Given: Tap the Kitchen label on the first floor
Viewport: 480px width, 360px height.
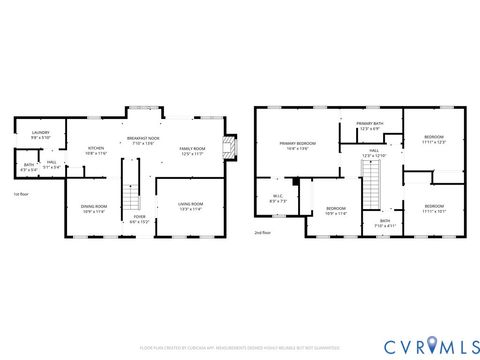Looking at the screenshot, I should [x=96, y=149].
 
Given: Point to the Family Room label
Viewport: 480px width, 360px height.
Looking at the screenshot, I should [x=192, y=150].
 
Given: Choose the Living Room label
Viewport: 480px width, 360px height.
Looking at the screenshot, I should [x=190, y=206].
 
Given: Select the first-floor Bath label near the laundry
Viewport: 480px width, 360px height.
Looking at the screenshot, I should [x=29, y=166].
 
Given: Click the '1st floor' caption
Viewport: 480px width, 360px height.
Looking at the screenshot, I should [x=21, y=194].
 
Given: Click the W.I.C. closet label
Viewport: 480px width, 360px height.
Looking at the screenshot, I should [x=278, y=198].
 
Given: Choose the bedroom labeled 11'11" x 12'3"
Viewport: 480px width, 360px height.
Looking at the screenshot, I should [x=433, y=139].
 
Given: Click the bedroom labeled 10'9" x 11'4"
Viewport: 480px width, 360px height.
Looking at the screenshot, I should [x=335, y=210].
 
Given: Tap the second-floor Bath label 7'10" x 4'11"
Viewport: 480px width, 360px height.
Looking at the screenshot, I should [x=385, y=223].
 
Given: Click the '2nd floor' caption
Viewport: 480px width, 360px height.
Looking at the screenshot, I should [x=262, y=232].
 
